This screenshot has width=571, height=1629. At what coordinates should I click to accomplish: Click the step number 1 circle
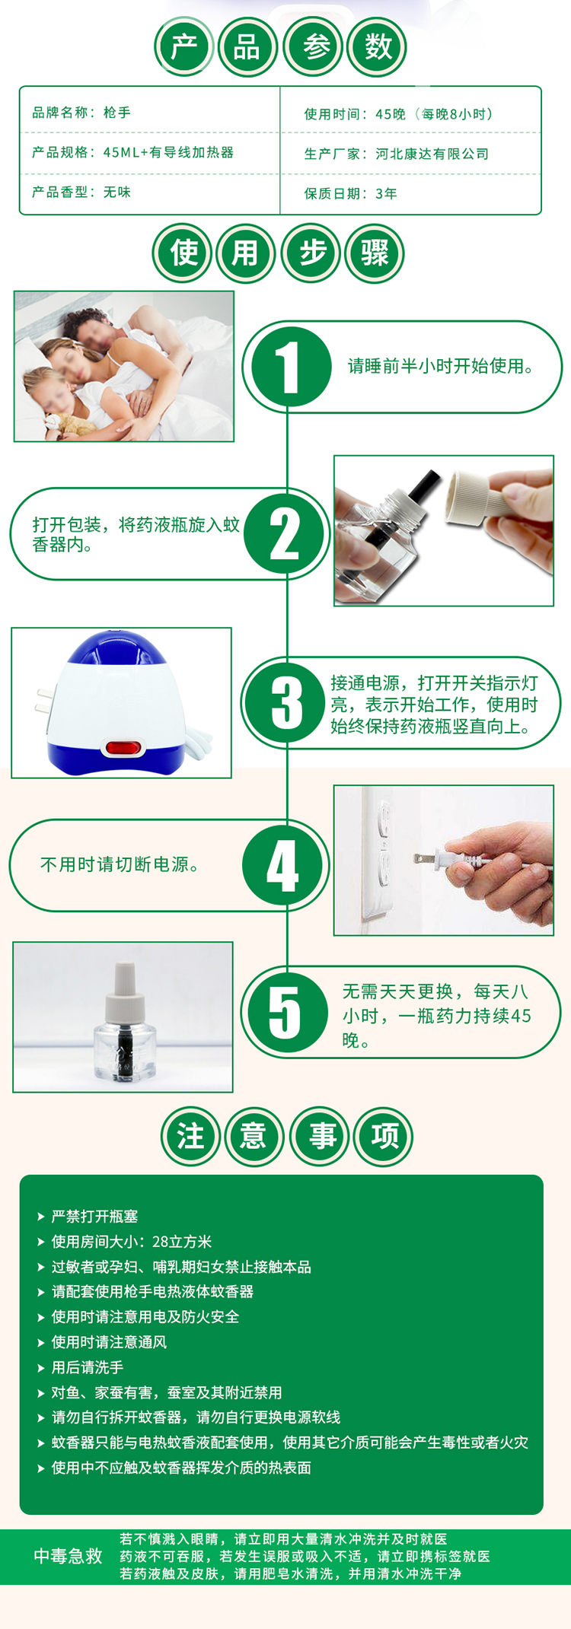point(288,366)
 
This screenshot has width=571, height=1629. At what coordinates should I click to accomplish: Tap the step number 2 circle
point(285,534)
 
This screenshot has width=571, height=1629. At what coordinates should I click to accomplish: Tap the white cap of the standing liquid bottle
point(125,992)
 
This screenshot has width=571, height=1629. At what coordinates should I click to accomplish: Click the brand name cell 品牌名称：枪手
point(81,113)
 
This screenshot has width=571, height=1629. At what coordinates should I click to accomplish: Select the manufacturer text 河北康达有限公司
point(432,154)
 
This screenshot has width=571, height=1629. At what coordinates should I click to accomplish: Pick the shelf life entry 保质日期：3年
point(351,193)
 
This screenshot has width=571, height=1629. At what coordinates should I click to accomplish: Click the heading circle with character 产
point(184,47)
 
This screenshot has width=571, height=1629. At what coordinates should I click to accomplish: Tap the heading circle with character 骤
point(375,253)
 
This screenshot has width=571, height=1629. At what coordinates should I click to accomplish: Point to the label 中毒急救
point(68,1556)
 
